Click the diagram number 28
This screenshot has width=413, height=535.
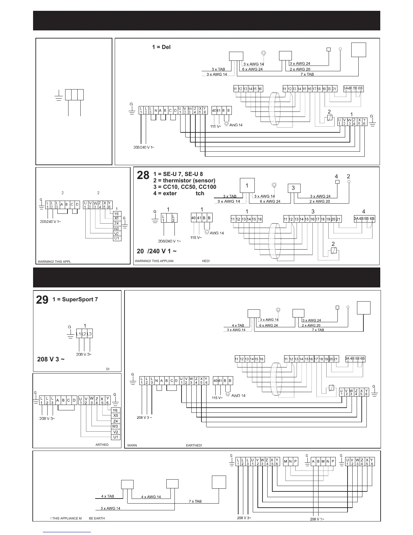[143, 175]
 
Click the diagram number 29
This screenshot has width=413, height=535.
[42, 300]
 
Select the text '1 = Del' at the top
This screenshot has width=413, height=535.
[161, 47]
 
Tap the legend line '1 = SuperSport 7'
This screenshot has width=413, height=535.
[75, 300]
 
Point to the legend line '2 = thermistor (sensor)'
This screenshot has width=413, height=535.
[184, 181]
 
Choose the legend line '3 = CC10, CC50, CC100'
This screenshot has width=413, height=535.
[185, 187]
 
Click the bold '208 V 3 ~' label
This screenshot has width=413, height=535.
[51, 359]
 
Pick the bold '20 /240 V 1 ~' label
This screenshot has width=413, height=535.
[157, 251]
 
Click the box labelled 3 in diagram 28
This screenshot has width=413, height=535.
[294, 188]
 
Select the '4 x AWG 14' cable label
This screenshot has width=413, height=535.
[151, 497]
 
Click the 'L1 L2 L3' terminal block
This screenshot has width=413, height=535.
[84, 334]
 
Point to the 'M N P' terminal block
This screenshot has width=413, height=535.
[291, 461]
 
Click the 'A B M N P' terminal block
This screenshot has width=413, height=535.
[323, 461]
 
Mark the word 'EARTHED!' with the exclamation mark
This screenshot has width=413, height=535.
[194, 445]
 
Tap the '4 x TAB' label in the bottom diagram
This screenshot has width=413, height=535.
[108, 496]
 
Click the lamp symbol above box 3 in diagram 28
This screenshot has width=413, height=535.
[274, 185]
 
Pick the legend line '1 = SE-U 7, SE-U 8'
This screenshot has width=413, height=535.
[178, 174]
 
